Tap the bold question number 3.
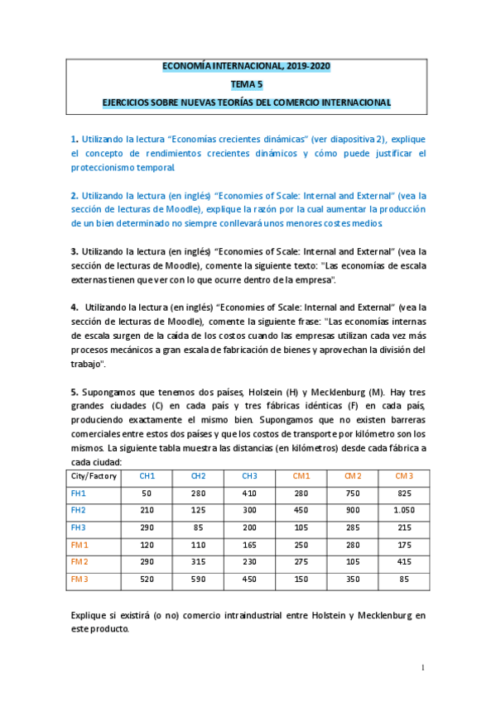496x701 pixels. (74, 251)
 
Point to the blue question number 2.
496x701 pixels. (74, 196)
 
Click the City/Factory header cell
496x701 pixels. (94, 476)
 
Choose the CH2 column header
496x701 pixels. (199, 476)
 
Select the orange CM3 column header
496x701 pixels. (403, 476)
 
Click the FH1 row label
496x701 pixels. (79, 494)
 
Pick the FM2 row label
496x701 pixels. (79, 562)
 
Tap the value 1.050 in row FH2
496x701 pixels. (403, 510)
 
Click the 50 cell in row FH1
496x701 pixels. (147, 494)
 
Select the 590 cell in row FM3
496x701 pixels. (199, 579)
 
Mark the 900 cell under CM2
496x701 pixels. (353, 510)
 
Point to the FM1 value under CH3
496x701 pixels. (250, 545)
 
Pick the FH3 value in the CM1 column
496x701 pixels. (301, 527)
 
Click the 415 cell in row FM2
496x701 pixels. (403, 562)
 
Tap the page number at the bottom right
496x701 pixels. (422, 667)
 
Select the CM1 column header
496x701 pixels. (301, 476)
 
